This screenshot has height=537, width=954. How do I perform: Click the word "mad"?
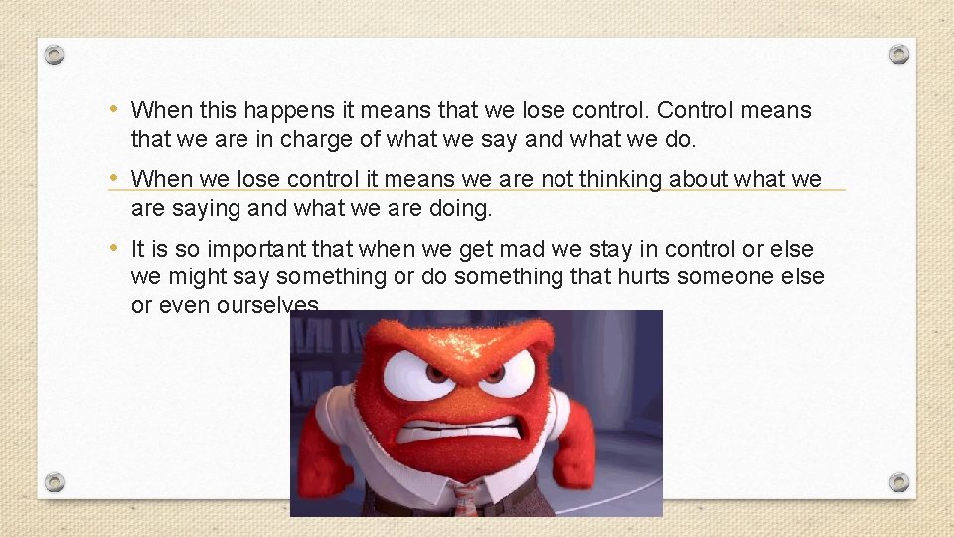[x=528, y=249]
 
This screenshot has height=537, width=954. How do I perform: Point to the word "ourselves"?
[x=267, y=305]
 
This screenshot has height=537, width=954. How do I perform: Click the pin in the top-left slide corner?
[x=56, y=54]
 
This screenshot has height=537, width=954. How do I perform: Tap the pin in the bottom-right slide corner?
[x=898, y=482]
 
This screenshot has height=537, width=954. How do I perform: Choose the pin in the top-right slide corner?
[x=898, y=54]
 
